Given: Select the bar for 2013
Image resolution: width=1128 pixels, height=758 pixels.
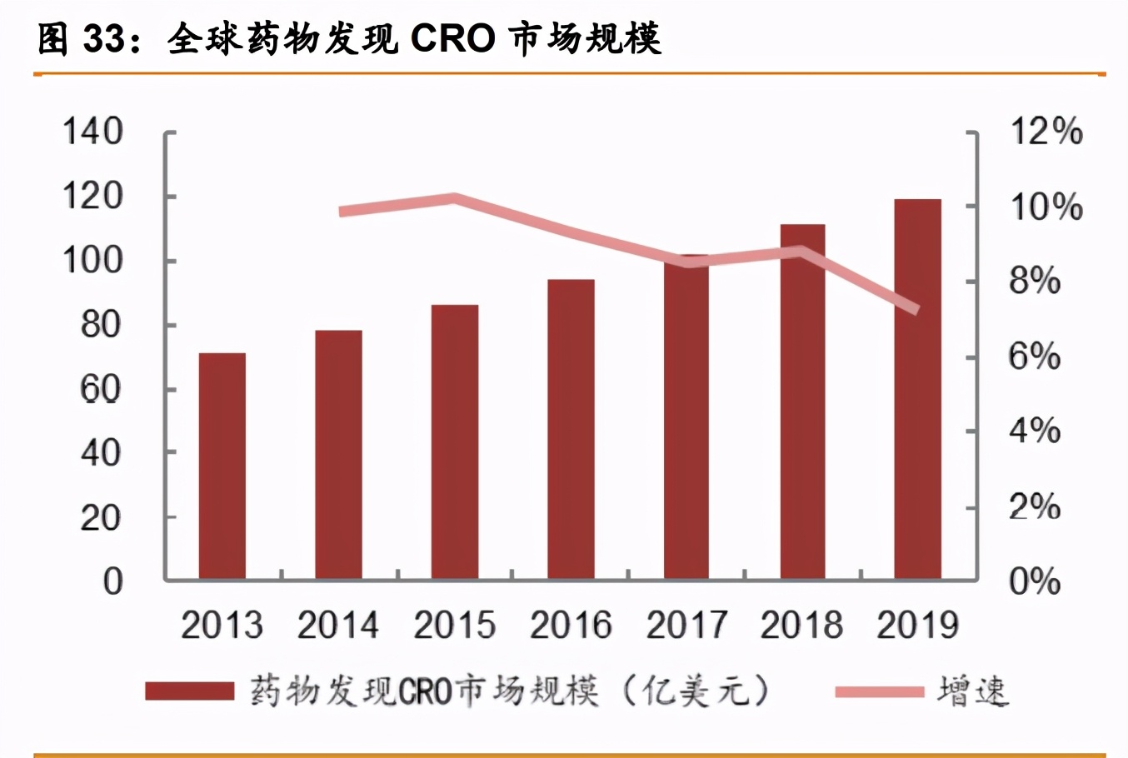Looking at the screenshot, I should click(x=222, y=466).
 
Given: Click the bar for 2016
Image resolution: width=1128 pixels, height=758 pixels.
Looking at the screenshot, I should click(x=571, y=429).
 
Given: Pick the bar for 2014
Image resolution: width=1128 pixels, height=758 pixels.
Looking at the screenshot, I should click(x=338, y=455).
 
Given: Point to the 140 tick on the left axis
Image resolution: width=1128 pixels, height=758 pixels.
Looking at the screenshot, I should click(x=93, y=132).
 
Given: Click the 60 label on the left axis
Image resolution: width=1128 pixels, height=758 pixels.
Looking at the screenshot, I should click(x=101, y=389).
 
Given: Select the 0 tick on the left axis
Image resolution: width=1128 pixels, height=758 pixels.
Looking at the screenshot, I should click(x=112, y=581).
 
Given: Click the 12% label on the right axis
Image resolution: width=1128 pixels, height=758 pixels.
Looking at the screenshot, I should click(x=1046, y=132).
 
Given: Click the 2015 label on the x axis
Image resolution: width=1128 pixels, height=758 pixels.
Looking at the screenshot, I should click(x=454, y=626).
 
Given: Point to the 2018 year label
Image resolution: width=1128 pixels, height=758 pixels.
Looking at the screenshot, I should click(x=801, y=626).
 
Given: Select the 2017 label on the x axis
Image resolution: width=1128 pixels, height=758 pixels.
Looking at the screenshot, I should click(x=686, y=626).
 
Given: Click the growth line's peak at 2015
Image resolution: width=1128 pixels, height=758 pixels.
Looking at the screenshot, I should click(x=454, y=198).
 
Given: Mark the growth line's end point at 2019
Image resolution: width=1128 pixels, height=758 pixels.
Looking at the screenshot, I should click(x=916, y=310).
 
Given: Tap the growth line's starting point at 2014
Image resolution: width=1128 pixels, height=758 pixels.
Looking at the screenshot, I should click(x=342, y=211).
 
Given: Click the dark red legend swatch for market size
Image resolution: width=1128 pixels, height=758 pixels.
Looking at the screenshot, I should click(x=189, y=691).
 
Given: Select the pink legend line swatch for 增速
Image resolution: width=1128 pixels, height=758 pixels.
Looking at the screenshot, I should click(x=879, y=691).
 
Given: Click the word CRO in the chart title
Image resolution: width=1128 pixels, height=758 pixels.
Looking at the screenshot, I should click(x=453, y=38).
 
